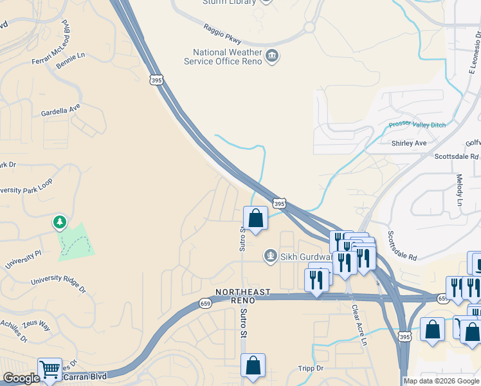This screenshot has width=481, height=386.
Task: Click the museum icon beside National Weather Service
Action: (272, 57)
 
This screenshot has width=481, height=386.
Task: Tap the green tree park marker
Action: (60, 223)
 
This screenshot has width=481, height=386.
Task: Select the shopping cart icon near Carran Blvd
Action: (50, 369)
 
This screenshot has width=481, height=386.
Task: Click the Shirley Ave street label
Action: (409, 143)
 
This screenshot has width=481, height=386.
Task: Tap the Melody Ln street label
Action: (459, 190)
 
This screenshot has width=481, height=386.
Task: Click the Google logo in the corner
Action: (21, 378)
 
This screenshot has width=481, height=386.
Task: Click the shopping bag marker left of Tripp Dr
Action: (253, 365)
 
